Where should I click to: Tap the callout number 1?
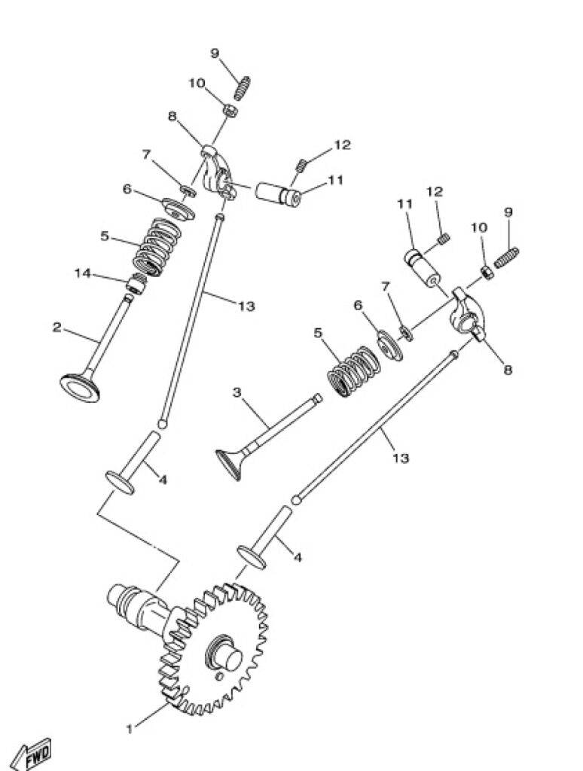(130, 729)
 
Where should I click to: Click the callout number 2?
(57, 328)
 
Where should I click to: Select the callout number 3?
(237, 392)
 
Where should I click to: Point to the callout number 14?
(82, 273)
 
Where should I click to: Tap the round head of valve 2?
(80, 388)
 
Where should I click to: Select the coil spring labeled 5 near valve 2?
(158, 246)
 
